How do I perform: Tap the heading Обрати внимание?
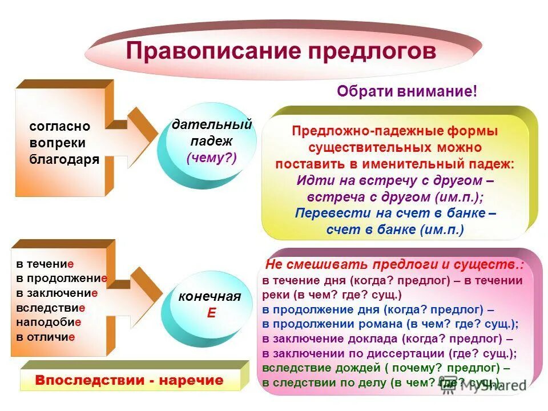[x=406, y=91]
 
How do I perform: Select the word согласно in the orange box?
[x=60, y=127]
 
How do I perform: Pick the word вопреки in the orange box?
[x=58, y=143]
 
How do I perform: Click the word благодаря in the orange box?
[x=64, y=159]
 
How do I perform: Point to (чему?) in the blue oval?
[x=211, y=158]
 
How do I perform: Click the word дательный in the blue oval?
[x=212, y=124]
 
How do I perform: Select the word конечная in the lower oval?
[x=209, y=296]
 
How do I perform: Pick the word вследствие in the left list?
[x=51, y=308]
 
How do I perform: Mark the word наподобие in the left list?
[x=49, y=322]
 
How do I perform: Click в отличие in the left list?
[x=46, y=337]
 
